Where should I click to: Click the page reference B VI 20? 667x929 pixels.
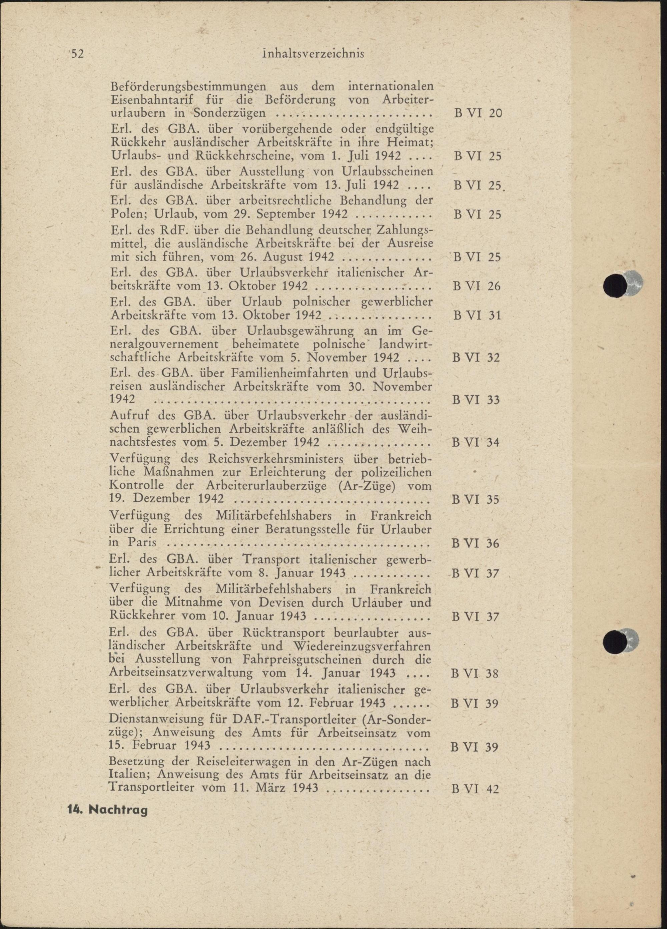coord(478,113)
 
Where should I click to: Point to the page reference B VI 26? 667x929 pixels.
coord(477,286)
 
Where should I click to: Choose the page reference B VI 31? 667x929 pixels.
coord(477,316)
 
